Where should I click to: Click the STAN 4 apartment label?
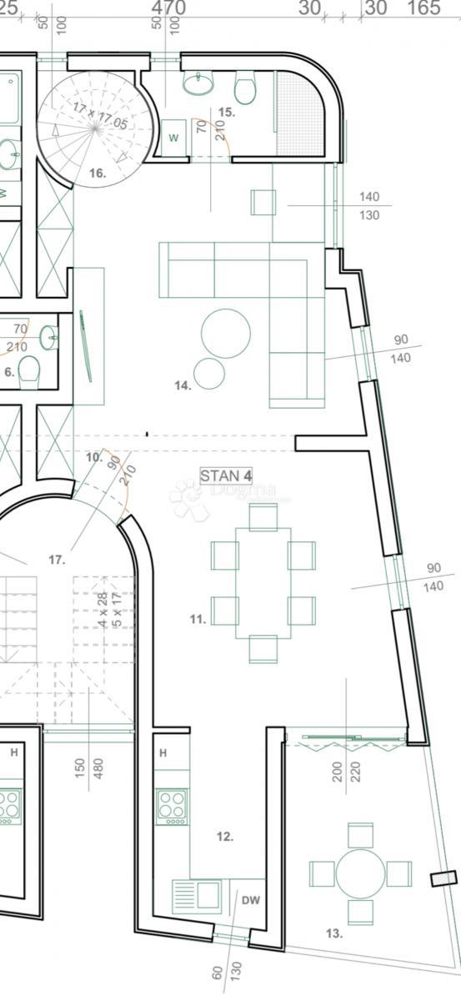tap(226, 475)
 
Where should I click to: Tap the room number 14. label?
tap(183, 385)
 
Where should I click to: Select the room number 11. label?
tap(198, 619)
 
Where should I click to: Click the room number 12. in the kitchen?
tap(225, 836)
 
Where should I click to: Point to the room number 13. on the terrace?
tap(333, 933)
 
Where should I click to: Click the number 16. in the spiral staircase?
tap(97, 173)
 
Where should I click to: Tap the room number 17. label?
tap(56, 560)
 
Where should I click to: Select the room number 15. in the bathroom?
tap(226, 111)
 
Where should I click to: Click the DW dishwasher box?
tap(250, 900)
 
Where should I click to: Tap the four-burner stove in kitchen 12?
tap(172, 807)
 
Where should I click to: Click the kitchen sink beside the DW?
tap(198, 896)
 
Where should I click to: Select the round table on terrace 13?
tap(361, 873)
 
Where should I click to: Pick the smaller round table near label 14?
tap(209, 373)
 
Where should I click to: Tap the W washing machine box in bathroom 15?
tap(174, 137)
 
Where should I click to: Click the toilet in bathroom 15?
tap(245, 88)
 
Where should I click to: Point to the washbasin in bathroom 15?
tap(199, 84)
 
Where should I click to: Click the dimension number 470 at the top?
tap(168, 8)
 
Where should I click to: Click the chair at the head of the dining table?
tap(263, 516)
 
